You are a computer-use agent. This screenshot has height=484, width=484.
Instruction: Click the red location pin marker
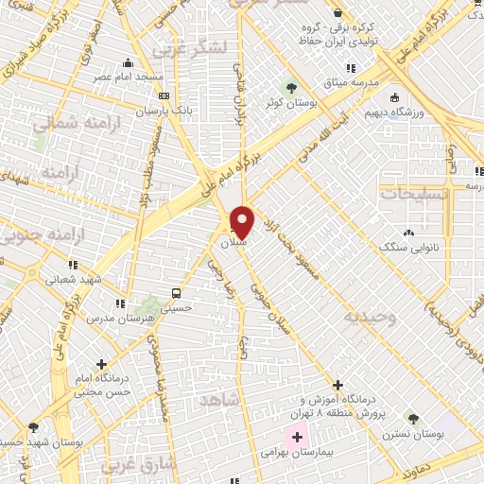(243, 221)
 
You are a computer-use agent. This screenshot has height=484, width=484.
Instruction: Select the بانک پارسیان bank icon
(164, 95)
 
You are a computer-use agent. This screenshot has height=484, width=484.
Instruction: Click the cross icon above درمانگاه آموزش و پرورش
(337, 385)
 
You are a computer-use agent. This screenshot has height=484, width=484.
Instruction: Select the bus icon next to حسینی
(177, 293)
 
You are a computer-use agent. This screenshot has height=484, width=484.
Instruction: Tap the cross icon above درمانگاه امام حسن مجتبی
(101, 362)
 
